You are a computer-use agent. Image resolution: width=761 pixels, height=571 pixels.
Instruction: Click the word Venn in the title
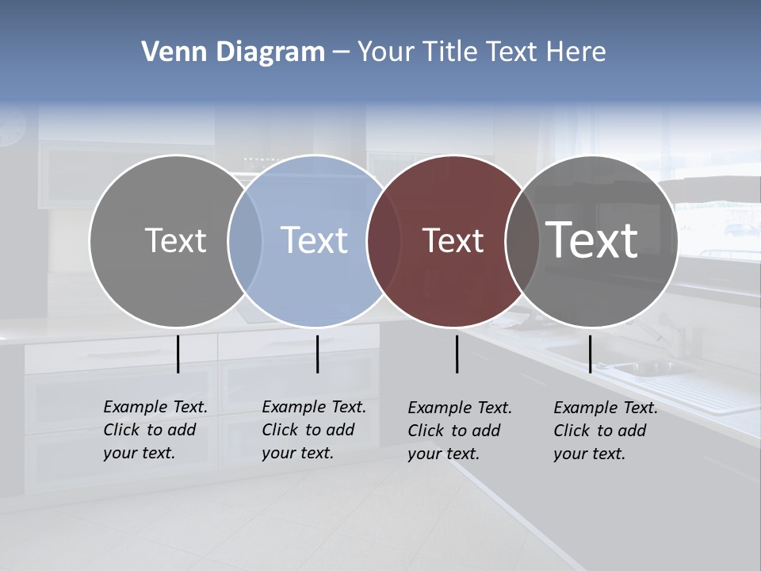click(x=168, y=52)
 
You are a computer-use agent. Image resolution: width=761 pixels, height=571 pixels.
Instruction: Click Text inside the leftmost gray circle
click(x=175, y=240)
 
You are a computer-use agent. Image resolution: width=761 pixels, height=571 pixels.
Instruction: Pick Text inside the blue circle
click(x=315, y=240)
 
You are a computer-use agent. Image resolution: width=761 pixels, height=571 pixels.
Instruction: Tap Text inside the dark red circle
click(x=453, y=241)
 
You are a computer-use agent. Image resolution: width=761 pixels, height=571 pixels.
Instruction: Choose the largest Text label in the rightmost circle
click(x=592, y=240)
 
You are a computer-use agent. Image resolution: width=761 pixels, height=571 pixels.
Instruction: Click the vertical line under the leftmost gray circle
click(x=178, y=354)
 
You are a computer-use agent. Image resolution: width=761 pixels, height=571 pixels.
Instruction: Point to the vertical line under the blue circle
click(x=317, y=354)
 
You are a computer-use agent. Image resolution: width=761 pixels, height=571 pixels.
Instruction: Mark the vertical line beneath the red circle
click(x=457, y=354)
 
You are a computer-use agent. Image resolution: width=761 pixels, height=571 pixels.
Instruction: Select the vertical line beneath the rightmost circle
click(x=590, y=354)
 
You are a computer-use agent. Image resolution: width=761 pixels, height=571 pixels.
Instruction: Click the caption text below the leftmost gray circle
click(x=155, y=430)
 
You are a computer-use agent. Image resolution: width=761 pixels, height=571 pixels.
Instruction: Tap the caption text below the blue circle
click(x=314, y=430)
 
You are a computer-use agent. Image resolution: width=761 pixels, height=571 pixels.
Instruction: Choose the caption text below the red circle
click(x=460, y=431)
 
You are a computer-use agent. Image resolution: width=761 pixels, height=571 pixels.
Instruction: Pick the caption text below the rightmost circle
click(x=606, y=431)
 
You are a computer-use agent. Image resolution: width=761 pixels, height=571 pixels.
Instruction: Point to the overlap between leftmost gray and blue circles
click(x=245, y=241)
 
